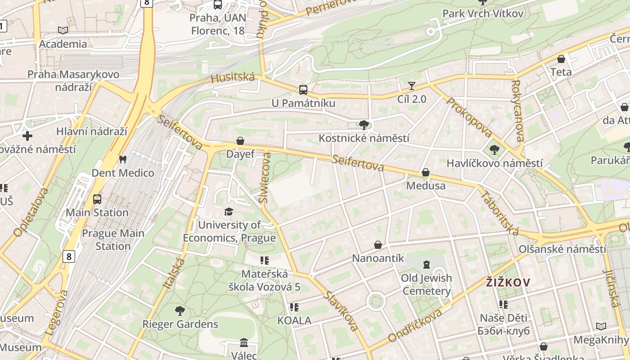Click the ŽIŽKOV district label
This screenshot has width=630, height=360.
tap(508, 283)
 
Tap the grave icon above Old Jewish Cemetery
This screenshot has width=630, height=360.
tap(426, 265)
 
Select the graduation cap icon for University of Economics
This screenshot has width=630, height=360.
tap(229, 211)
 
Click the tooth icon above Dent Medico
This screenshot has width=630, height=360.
tap(122, 159)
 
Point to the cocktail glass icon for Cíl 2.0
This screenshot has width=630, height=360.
tap(411, 85)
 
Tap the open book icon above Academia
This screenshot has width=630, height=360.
tap(63, 30)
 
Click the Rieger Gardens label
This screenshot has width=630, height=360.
tap(180, 324)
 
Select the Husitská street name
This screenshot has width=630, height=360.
tap(233, 78)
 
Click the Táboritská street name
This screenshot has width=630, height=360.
tap(500, 213)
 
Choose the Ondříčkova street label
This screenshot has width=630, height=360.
tap(421, 325)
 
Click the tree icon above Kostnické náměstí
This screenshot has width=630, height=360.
tap(364, 125)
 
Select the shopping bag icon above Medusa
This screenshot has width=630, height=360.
tap(425, 172)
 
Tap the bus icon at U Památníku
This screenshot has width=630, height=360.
tap(303, 90)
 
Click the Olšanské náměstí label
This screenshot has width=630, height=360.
tap(562, 249)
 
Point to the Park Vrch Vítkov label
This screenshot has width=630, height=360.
tap(483, 13)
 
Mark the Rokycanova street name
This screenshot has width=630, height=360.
tap(518, 111)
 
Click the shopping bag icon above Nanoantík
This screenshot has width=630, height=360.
tap(378, 245)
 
